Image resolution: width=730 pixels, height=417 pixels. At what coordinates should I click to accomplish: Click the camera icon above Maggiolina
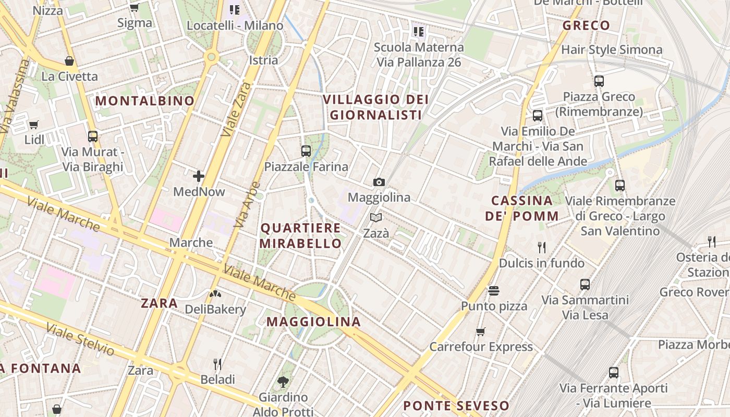379,182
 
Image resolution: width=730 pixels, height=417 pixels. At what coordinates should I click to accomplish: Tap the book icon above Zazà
376,218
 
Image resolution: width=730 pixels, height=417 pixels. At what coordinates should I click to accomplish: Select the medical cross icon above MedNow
198,176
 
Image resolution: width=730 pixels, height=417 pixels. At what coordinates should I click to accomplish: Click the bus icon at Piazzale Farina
306,151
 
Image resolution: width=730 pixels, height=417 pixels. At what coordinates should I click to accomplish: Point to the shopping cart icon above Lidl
34,125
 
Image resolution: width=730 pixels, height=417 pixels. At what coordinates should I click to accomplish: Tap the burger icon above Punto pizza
494,290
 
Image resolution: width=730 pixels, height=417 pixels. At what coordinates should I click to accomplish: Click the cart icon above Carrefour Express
481,332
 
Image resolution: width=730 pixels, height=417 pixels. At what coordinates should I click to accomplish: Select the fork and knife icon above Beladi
217,364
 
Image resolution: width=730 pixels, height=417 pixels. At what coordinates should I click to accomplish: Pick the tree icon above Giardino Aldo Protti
283,382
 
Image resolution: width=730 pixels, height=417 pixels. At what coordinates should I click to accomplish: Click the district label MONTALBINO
145,101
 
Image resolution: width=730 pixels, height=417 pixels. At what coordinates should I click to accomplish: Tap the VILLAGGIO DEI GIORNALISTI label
375,107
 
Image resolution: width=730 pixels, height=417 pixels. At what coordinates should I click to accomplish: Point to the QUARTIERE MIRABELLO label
301,236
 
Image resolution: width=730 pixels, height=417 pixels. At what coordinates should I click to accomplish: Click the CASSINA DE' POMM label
521,208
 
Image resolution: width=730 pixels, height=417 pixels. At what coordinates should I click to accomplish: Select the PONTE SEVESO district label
456,406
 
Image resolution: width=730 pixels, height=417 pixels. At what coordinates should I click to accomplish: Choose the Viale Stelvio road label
80,339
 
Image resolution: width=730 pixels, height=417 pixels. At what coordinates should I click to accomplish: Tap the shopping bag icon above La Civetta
69,61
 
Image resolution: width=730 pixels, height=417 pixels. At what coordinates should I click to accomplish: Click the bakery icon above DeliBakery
215,295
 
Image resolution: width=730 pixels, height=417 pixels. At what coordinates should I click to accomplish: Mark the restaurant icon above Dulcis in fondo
542,248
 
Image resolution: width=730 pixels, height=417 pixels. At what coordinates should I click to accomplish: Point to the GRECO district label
586,26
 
